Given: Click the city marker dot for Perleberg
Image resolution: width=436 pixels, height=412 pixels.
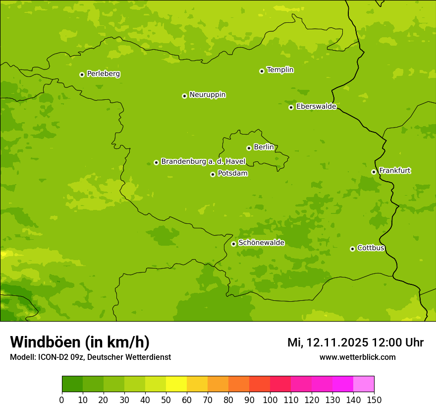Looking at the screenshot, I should [82, 74].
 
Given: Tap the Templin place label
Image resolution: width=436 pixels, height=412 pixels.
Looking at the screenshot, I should [280, 70].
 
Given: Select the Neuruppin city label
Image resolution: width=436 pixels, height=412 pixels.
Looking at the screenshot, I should [207, 95].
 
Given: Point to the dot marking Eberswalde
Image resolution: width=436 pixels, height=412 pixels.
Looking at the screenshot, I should [291, 107].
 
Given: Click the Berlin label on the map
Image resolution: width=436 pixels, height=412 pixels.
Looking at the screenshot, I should [264, 147].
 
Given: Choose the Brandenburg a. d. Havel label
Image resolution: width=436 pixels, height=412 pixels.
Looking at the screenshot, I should [203, 161].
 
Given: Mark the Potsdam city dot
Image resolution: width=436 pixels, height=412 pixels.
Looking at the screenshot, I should [213, 174].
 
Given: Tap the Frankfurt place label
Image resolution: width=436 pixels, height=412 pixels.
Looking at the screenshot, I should [394, 171].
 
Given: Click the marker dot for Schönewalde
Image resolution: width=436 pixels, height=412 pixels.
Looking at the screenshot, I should [233, 244].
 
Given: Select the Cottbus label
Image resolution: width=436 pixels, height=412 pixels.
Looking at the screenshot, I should [371, 248].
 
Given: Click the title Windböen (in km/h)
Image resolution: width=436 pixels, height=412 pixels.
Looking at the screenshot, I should [80, 342].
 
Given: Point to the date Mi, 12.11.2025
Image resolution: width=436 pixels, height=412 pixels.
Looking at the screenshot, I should [327, 343].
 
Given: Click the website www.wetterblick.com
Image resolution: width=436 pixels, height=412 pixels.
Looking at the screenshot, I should [357, 357].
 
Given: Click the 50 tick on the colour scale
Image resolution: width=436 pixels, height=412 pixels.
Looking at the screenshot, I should [166, 400].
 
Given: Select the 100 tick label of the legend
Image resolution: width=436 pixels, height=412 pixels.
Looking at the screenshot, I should [270, 400].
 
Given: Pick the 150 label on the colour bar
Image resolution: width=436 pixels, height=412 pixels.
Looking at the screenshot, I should [374, 400].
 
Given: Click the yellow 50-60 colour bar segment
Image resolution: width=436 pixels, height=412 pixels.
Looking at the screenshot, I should [176, 384].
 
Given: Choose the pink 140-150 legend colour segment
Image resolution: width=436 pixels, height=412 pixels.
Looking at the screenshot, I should [364, 384].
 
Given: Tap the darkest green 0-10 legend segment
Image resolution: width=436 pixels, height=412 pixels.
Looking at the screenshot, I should [72, 384].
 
